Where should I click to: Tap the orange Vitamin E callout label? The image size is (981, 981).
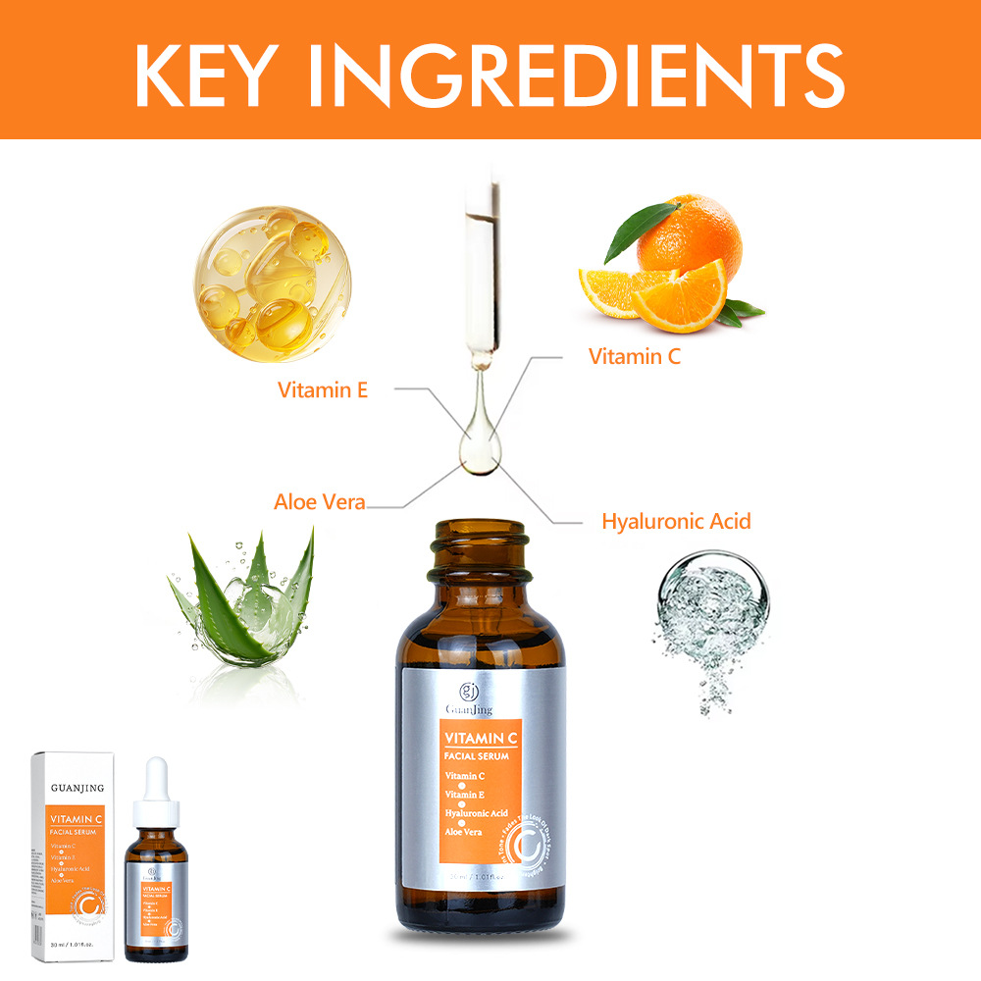[x=323, y=389]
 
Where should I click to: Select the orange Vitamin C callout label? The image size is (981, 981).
[x=634, y=356]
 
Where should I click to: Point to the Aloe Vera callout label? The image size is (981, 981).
[x=319, y=502]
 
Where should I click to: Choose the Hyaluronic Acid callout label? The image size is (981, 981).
[x=676, y=521]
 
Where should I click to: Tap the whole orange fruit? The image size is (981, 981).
[x=686, y=236]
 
